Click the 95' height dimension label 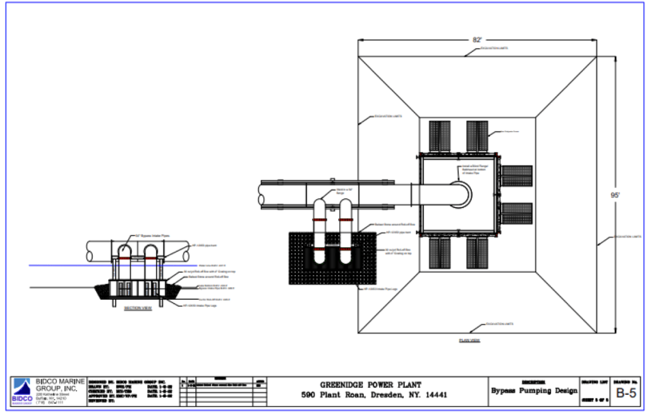click(x=615, y=195)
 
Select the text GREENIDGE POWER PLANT click(x=370, y=385)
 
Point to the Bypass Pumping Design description click(x=534, y=390)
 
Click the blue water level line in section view click(x=63, y=265)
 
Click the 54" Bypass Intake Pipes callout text click(x=152, y=235)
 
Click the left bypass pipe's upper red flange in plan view click(x=321, y=219)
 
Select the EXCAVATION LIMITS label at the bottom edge click(x=499, y=324)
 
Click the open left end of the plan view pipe click(x=262, y=194)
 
